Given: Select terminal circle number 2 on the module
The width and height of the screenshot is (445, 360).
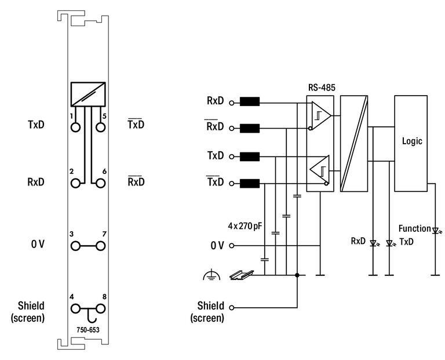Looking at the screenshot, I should point(75,183).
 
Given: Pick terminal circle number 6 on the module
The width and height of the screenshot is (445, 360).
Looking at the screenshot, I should point(101,183).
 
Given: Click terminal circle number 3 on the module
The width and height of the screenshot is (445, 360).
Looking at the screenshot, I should point(75,246).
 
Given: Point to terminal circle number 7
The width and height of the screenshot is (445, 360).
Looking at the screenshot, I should point(101,246).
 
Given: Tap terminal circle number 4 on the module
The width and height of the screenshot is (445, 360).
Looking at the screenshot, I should point(75,308).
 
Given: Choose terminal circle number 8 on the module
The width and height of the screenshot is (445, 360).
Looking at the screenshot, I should point(101,308).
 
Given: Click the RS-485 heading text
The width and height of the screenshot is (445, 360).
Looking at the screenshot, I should point(322,88).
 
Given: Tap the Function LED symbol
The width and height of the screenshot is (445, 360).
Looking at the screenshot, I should point(435,230).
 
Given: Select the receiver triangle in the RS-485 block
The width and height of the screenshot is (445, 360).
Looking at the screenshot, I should point(320,115).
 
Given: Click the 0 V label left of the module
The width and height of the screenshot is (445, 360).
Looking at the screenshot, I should point(38,245).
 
